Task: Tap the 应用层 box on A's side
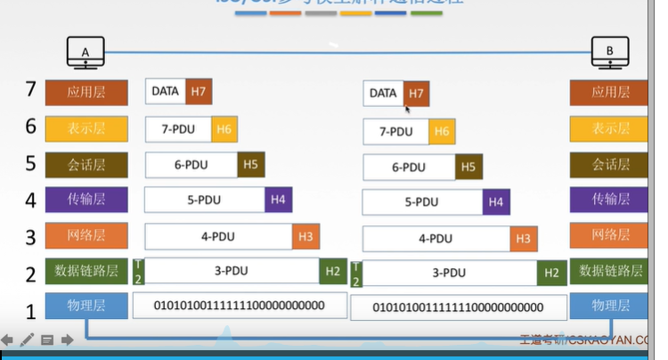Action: tap(86, 93)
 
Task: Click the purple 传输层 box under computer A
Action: tap(86, 200)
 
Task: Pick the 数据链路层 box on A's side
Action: tap(86, 271)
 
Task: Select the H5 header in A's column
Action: tap(250, 164)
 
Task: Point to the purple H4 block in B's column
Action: tap(496, 203)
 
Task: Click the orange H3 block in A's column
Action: tap(305, 236)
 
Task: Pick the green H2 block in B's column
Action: tap(551, 274)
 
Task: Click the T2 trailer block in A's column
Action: tap(138, 271)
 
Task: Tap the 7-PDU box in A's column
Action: tap(178, 129)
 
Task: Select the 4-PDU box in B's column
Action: tap(436, 239)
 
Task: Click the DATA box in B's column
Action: tap(383, 94)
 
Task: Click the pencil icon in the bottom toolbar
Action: tap(27, 340)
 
